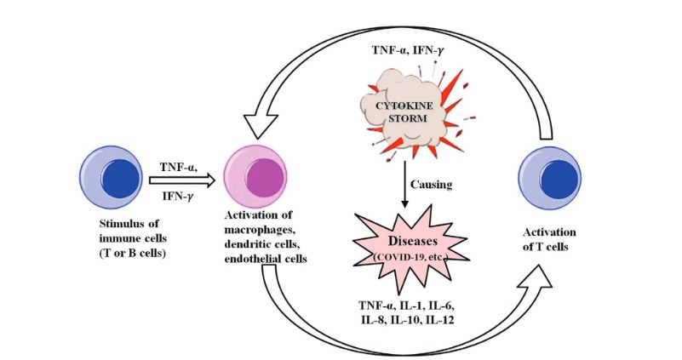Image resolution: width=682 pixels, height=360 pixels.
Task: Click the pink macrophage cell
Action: coord(256,175)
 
